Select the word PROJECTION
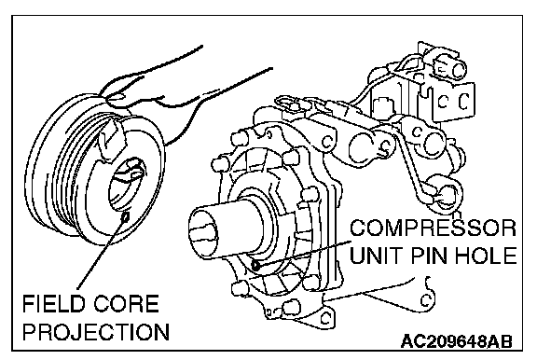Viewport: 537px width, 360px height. click(96, 332)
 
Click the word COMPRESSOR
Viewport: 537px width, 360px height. click(433, 228)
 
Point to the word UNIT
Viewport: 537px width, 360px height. click(377, 256)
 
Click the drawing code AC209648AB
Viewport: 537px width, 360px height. click(457, 341)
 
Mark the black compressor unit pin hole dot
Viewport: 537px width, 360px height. click(255, 265)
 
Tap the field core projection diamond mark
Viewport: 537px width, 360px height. click(126, 216)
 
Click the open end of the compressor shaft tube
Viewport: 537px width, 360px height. click(203, 233)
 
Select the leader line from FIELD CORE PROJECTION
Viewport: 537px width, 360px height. click(102, 253)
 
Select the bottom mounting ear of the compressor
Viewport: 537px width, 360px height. click(324, 317)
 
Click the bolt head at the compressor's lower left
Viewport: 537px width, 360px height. click(240, 287)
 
